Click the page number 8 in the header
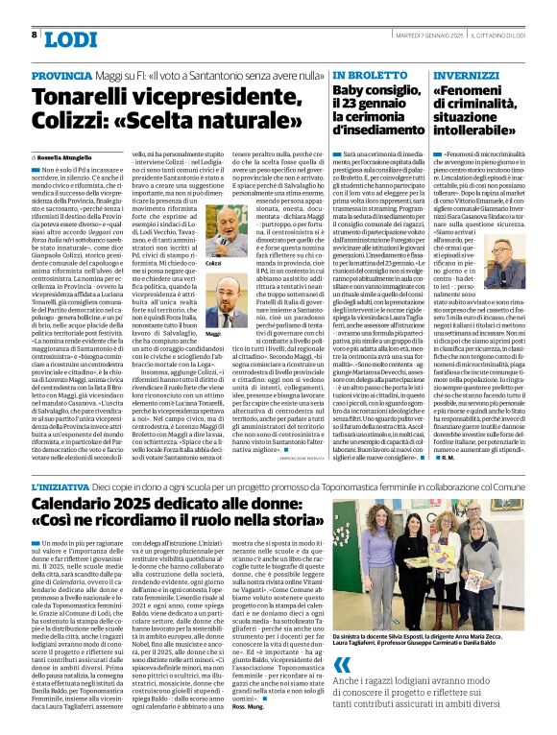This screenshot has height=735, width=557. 36,36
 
